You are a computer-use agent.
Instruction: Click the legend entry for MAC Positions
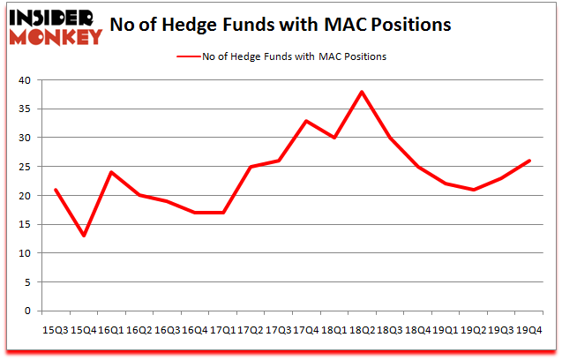(x=282, y=56)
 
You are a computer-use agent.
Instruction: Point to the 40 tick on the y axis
(x=24, y=80)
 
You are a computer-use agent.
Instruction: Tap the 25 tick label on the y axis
(x=24, y=167)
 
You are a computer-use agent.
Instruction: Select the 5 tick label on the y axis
(x=26, y=282)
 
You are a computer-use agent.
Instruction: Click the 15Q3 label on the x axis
(x=56, y=328)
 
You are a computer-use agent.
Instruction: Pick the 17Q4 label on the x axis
(x=306, y=328)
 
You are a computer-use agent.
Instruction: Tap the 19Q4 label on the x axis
(x=529, y=328)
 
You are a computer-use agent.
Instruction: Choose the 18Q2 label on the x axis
(x=362, y=328)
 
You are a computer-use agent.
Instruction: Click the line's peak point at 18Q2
(x=362, y=92)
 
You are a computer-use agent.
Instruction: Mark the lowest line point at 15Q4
(x=84, y=236)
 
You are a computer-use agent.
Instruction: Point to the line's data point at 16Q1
(x=112, y=172)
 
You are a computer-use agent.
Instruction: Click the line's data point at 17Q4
(x=306, y=121)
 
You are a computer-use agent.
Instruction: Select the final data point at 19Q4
(x=529, y=161)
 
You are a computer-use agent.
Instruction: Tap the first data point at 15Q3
(x=56, y=190)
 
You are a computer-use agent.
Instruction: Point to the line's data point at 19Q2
(x=473, y=190)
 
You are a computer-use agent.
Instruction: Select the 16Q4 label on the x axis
(x=195, y=328)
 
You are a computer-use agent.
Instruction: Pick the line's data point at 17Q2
(x=251, y=167)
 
